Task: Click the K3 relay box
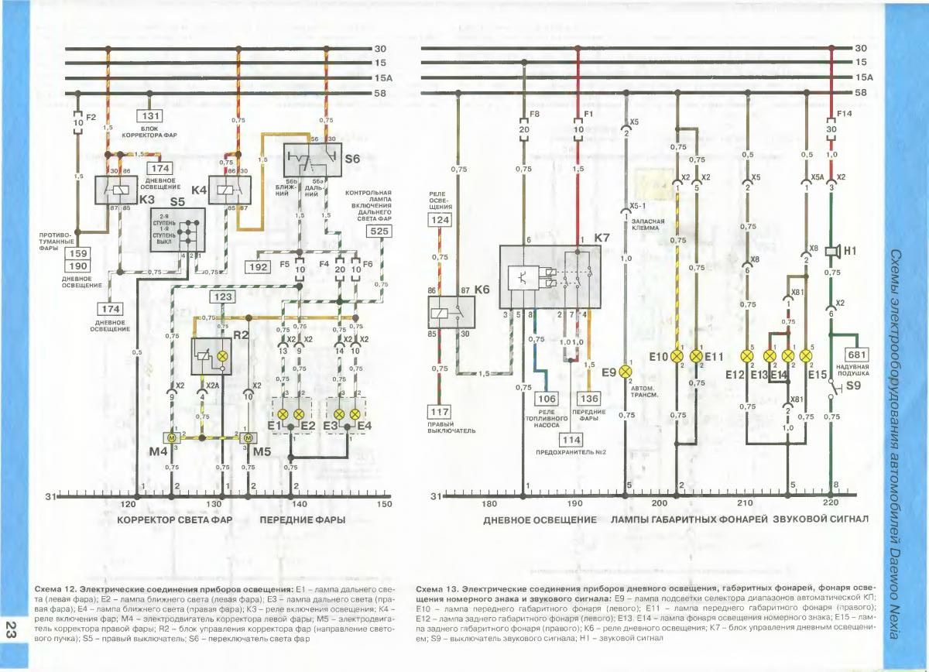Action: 116,189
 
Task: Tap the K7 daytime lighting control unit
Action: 550,277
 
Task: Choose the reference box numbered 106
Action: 546,399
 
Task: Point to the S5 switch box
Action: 178,229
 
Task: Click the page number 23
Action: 11,628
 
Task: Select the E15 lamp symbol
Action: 806,356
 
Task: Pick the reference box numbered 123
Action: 224,297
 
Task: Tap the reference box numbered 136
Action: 591,399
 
